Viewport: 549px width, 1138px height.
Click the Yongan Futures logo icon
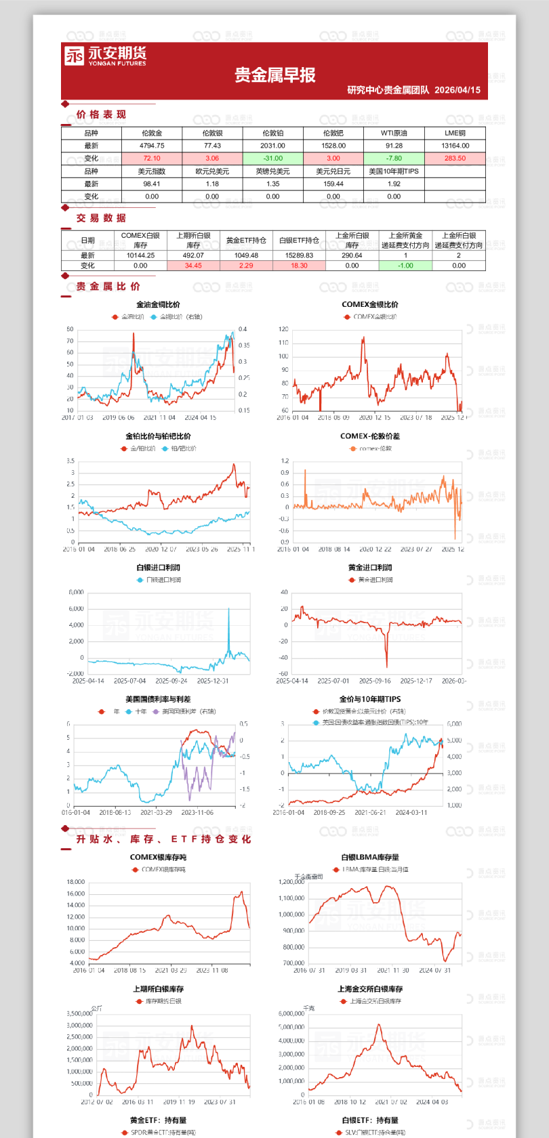tap(75, 56)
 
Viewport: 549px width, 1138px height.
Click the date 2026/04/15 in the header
tap(457, 90)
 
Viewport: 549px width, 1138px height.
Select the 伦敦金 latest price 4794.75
tap(152, 146)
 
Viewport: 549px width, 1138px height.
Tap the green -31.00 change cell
tap(272, 159)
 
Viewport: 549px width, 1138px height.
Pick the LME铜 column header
tap(455, 133)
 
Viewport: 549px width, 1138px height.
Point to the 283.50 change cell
tap(455, 159)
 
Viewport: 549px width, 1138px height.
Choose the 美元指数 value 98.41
tap(152, 184)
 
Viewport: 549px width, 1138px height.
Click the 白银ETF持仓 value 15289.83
tap(299, 256)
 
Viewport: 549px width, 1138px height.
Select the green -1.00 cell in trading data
tap(405, 266)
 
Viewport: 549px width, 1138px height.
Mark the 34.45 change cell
tap(193, 266)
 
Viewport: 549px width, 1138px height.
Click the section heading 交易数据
tap(101, 218)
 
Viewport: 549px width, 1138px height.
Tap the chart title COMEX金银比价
tap(370, 305)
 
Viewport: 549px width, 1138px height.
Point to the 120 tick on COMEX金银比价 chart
tap(283, 329)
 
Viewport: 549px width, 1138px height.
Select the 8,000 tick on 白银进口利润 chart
tap(77, 592)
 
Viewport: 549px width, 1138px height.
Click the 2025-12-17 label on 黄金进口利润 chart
tap(416, 681)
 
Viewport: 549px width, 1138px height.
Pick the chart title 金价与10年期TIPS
tap(370, 699)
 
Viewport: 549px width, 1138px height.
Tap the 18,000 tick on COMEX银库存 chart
tap(76, 882)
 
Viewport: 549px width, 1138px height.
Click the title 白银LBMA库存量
tap(370, 857)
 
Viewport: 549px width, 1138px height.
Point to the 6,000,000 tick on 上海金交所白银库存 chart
tap(291, 1013)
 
